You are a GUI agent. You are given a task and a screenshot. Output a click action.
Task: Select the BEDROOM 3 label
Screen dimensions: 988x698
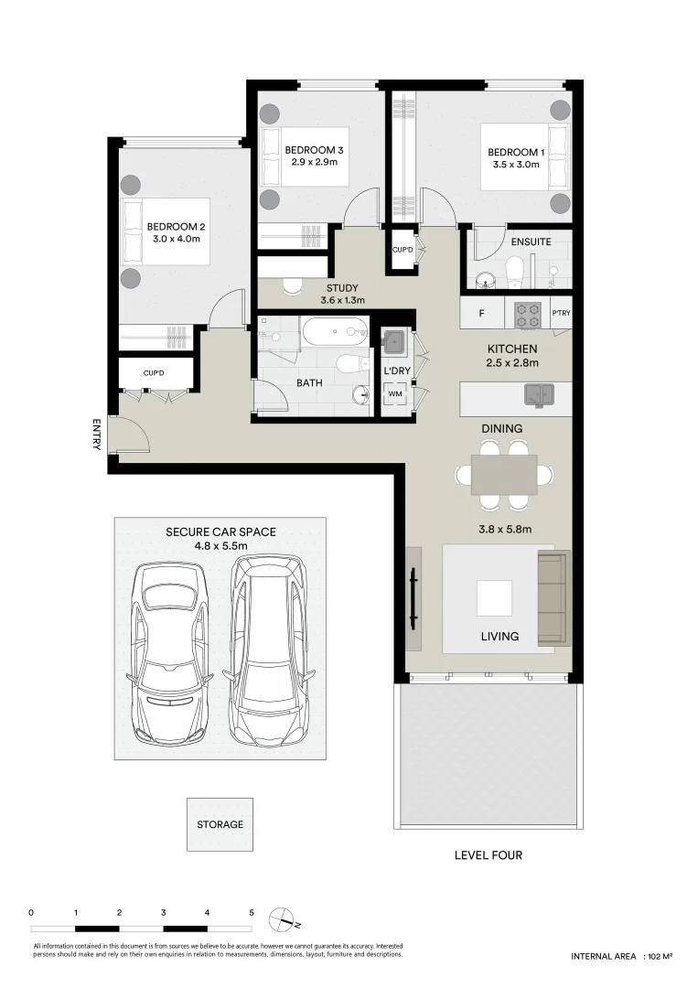(314, 150)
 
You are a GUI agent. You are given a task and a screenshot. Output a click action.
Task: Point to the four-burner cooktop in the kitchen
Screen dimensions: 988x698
(528, 314)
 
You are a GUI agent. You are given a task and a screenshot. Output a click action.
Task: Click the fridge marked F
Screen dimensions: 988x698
(482, 314)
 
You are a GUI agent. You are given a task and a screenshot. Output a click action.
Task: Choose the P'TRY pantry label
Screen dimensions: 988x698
(561, 314)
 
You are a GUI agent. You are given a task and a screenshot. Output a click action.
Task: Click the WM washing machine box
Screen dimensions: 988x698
(395, 394)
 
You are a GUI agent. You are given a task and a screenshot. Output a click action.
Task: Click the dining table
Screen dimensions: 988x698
(504, 475)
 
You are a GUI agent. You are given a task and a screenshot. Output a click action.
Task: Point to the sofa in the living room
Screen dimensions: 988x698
(553, 598)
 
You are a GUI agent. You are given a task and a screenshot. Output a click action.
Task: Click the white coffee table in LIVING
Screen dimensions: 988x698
(495, 598)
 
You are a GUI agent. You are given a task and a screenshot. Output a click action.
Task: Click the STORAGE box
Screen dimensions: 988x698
(220, 824)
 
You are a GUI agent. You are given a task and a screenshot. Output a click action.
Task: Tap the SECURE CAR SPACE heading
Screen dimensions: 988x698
(220, 532)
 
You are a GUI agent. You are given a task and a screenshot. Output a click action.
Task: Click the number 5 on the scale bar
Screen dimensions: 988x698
(251, 912)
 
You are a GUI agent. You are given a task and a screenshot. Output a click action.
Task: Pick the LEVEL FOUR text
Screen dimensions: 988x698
(489, 855)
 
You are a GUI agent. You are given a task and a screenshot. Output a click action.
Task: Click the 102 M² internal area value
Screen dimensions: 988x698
(660, 956)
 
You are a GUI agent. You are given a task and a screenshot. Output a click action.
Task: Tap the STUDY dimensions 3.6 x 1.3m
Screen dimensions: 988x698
(342, 300)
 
